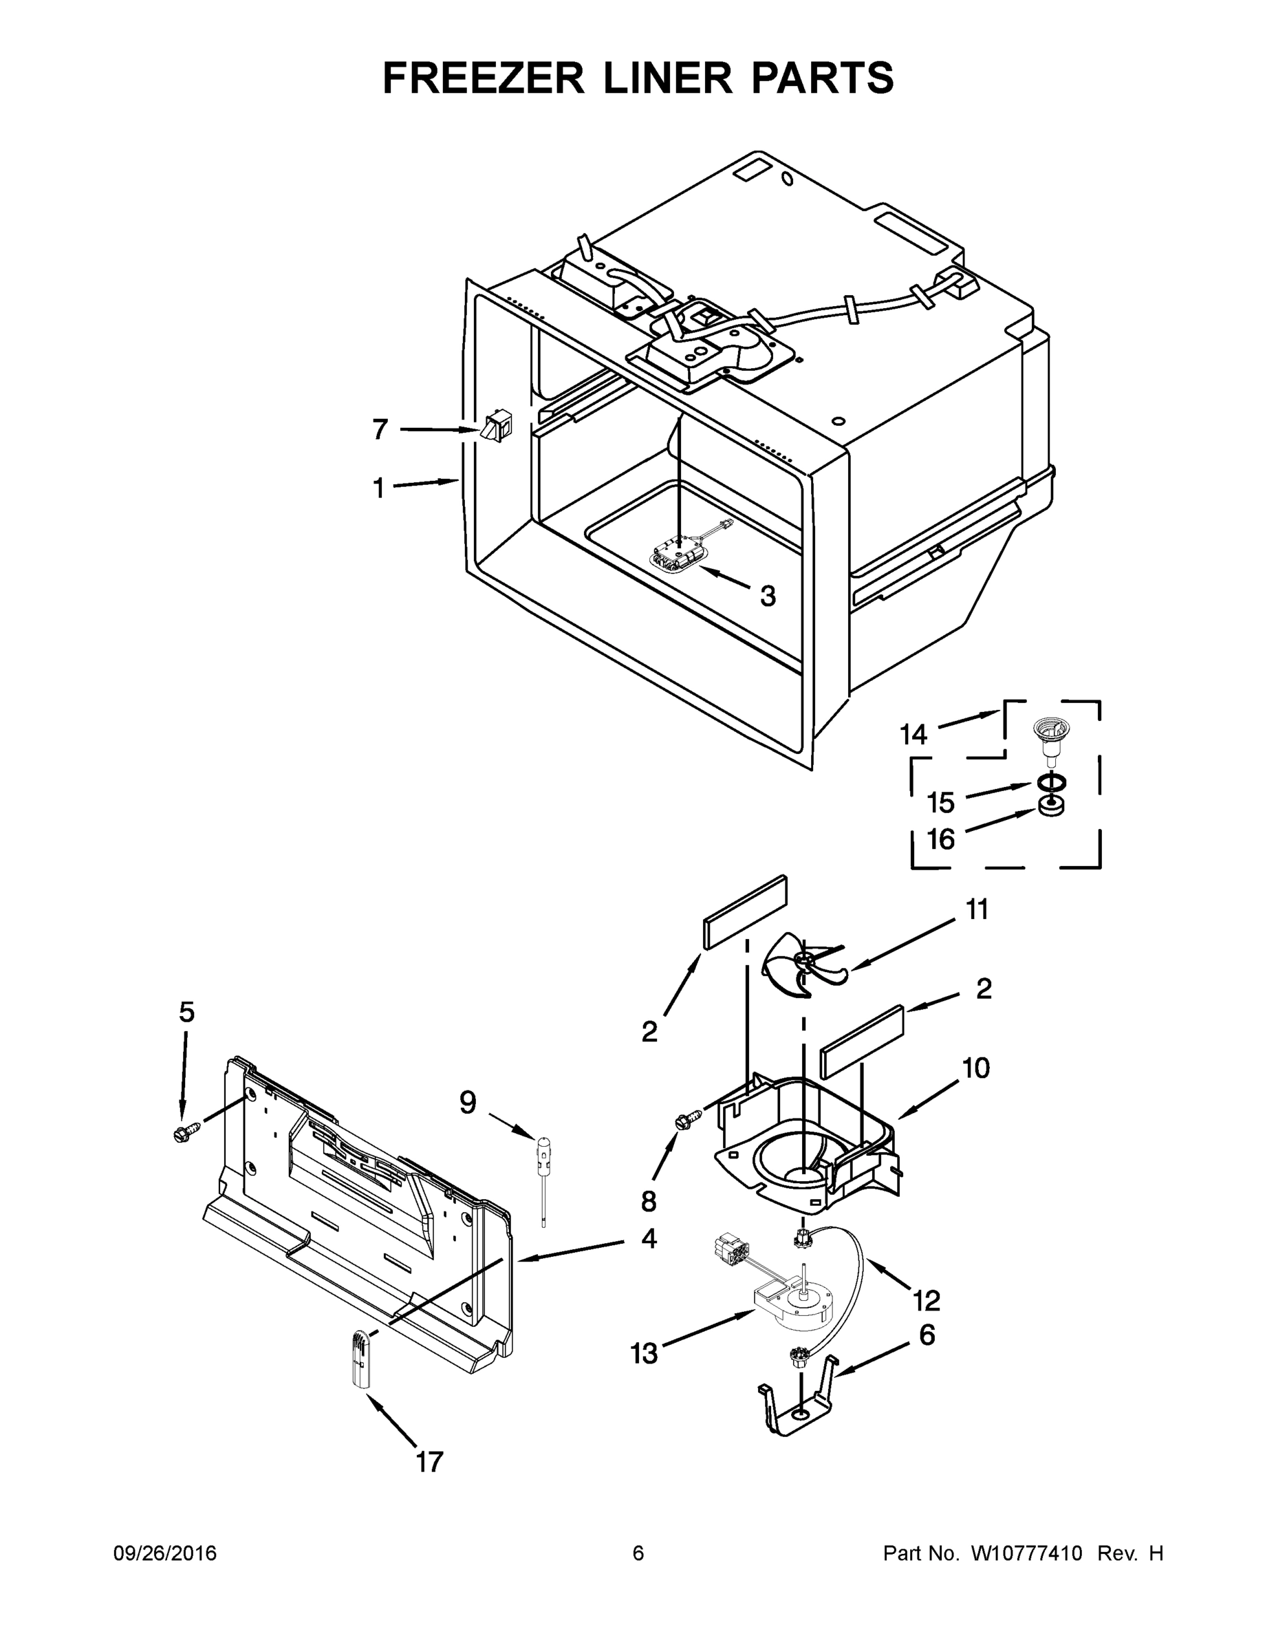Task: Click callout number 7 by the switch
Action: (380, 429)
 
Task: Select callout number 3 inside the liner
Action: (767, 596)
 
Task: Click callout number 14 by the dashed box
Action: (913, 734)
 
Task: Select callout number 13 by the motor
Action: (644, 1353)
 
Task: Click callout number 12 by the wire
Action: (927, 1299)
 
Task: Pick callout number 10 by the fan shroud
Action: (975, 1068)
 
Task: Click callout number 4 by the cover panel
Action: (649, 1238)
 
